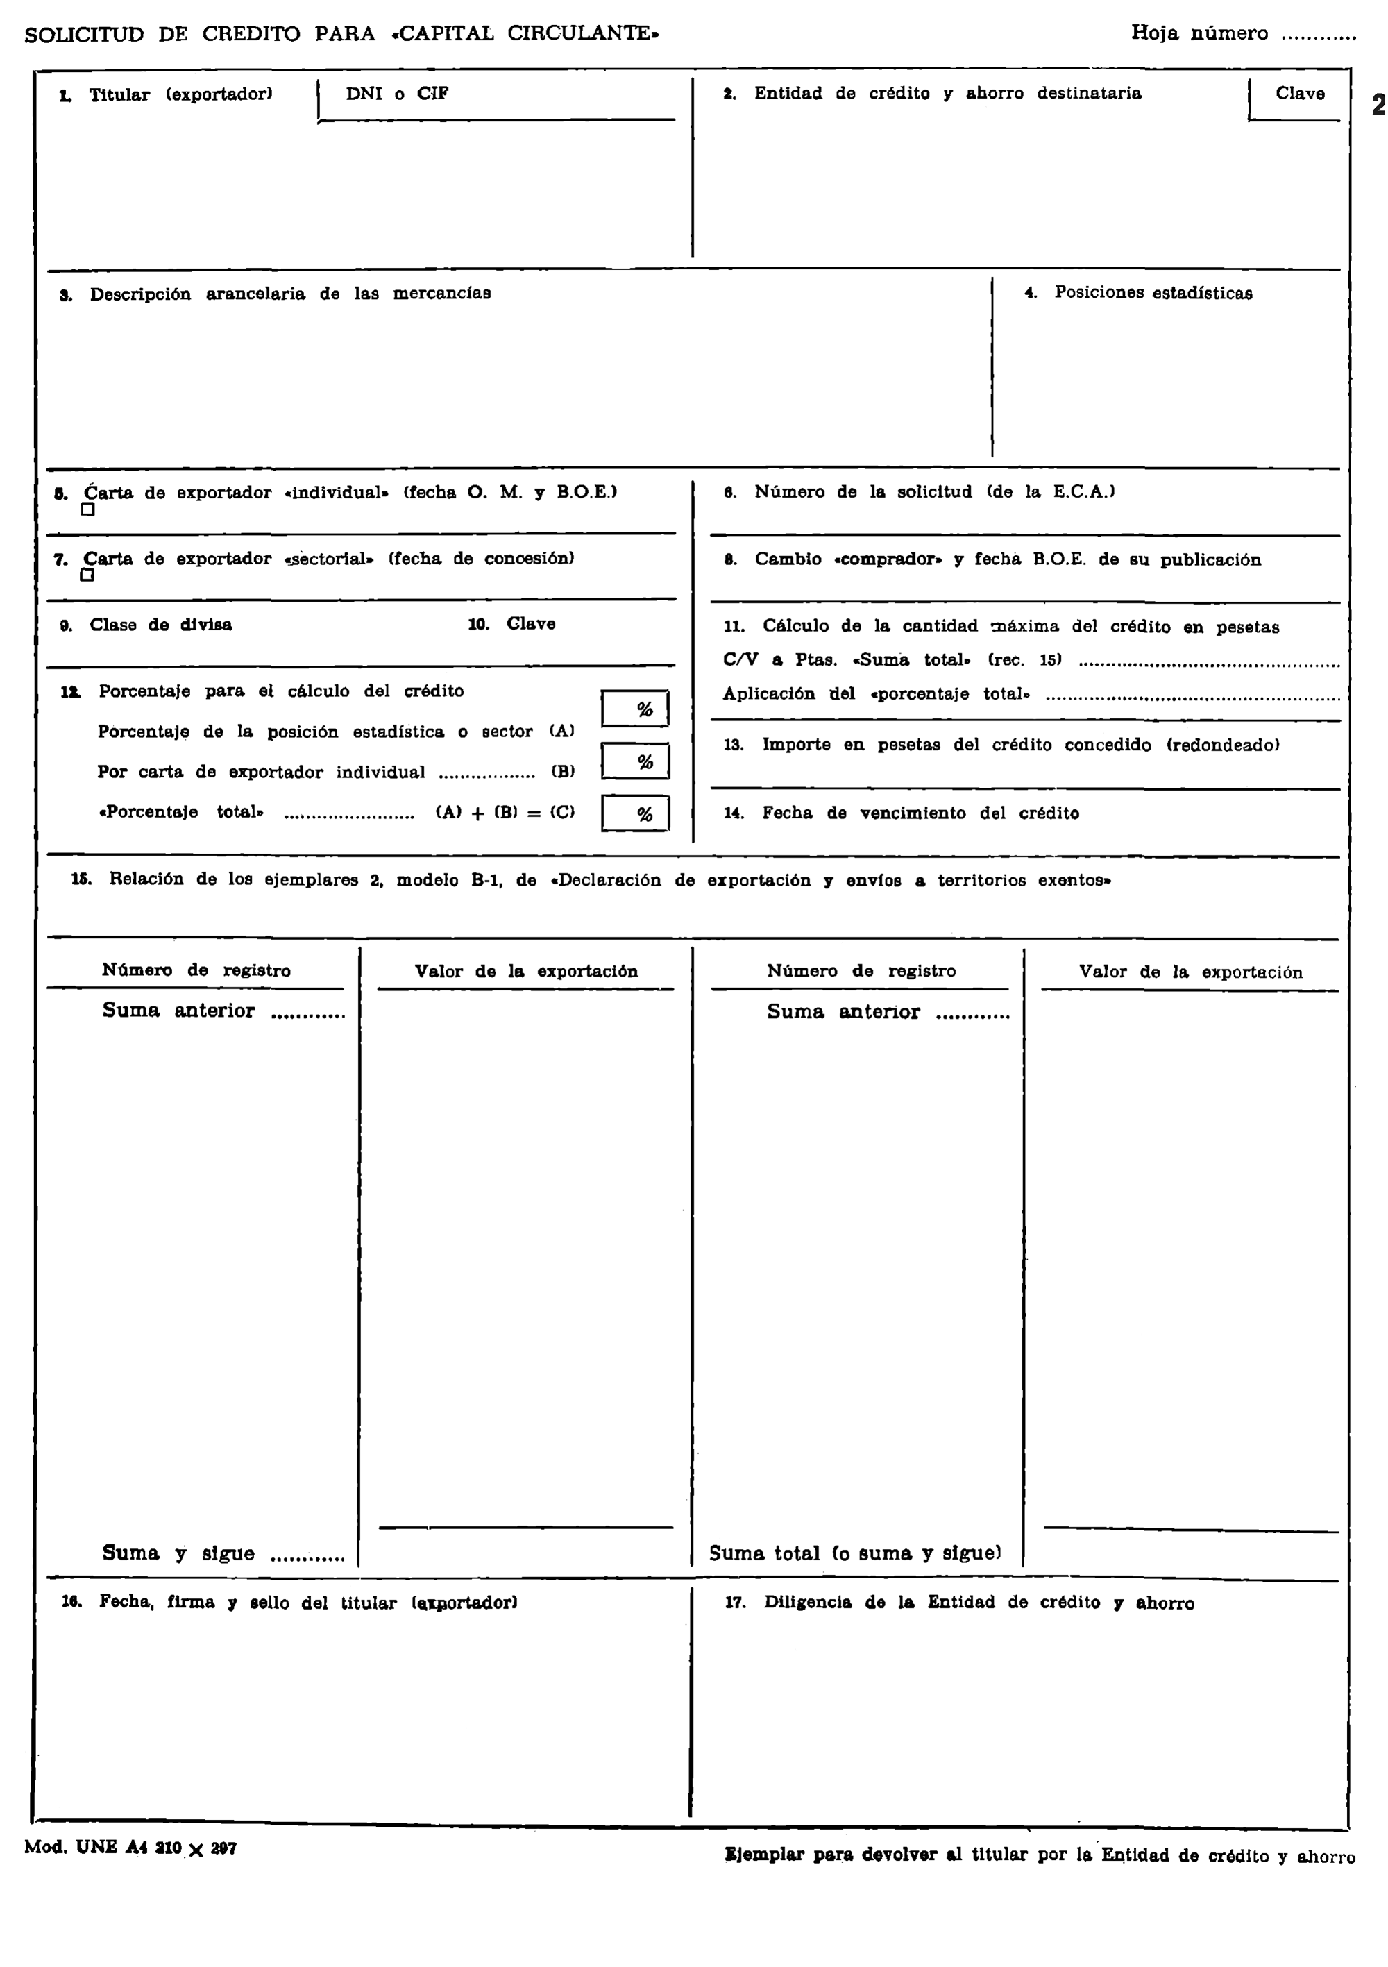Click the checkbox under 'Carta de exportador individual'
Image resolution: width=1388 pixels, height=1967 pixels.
click(87, 509)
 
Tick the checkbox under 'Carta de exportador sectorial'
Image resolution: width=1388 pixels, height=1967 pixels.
click(87, 575)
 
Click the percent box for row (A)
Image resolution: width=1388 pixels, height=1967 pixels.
click(635, 709)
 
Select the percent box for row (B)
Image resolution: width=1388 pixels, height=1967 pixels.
click(635, 761)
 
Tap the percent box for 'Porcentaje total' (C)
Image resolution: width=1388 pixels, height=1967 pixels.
click(635, 814)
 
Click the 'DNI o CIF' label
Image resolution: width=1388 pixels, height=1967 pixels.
click(397, 94)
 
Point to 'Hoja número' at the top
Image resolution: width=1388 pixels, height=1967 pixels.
click(1199, 33)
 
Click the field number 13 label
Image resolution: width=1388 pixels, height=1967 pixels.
click(734, 745)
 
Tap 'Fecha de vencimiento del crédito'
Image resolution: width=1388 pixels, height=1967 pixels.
click(920, 813)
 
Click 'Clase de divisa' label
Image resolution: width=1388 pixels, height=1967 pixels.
click(160, 625)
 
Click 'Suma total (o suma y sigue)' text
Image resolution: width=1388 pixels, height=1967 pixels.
click(854, 1553)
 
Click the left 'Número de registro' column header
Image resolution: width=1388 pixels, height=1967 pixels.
click(196, 970)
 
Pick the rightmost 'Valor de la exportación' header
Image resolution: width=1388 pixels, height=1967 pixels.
click(1190, 972)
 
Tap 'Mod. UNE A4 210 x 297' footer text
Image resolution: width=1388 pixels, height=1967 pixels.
click(130, 1848)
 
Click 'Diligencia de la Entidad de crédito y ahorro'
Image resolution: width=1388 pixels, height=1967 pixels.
click(979, 1603)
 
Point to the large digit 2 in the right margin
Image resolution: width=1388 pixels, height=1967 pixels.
click(1378, 105)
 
